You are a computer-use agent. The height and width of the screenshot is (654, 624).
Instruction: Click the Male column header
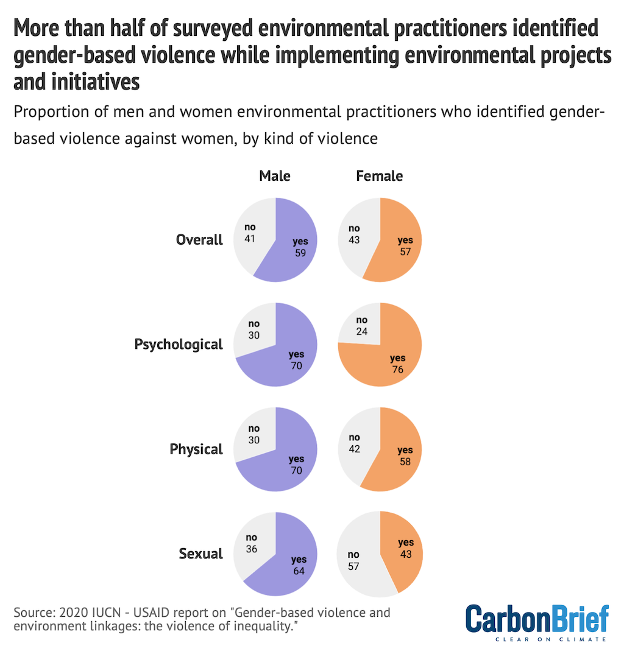pos(275,176)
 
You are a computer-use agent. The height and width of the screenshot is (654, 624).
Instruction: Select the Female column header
pos(379,176)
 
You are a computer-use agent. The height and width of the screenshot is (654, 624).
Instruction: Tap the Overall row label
pos(199,240)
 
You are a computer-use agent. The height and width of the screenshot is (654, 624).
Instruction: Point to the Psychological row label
pos(179,345)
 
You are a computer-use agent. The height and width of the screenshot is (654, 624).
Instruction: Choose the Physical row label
pos(196,449)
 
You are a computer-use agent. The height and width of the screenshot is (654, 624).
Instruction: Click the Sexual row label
pos(200,554)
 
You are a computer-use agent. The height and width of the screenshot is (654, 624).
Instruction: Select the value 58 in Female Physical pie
pos(405,461)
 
